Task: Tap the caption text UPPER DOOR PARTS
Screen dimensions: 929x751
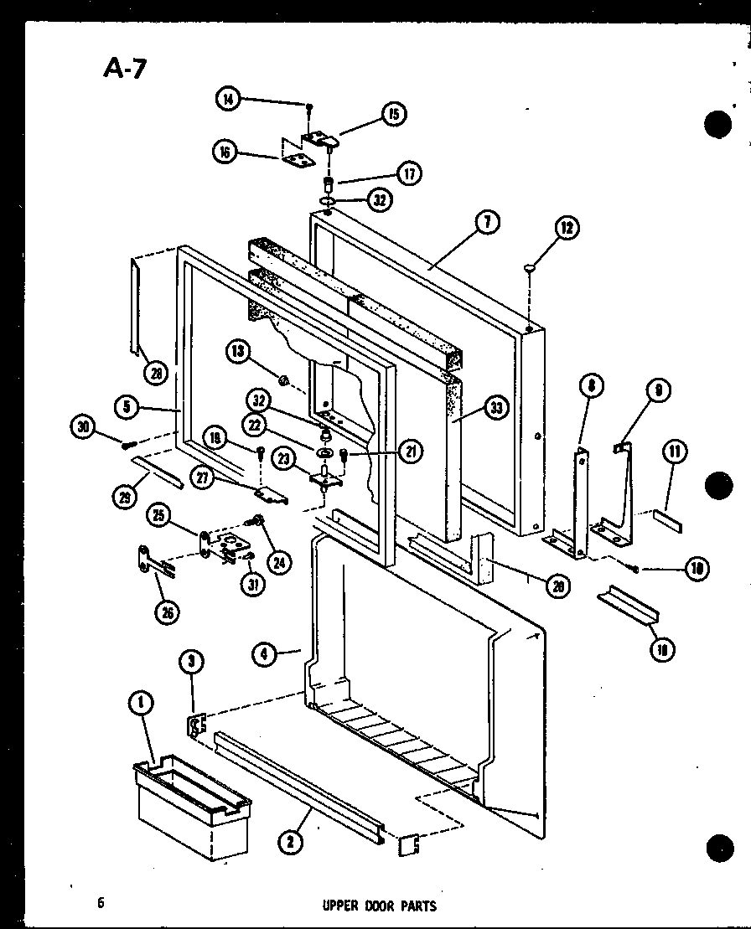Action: tap(379, 905)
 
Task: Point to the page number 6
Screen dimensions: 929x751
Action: tap(100, 902)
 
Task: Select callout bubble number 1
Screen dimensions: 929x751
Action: tap(141, 704)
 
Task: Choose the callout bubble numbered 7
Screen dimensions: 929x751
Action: tap(487, 222)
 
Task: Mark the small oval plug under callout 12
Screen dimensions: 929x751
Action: tap(530, 268)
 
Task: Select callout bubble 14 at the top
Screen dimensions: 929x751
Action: tap(227, 100)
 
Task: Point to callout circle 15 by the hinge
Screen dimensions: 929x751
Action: tap(392, 114)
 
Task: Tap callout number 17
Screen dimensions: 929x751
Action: tap(409, 174)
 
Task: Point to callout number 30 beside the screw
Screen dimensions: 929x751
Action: tap(83, 428)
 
